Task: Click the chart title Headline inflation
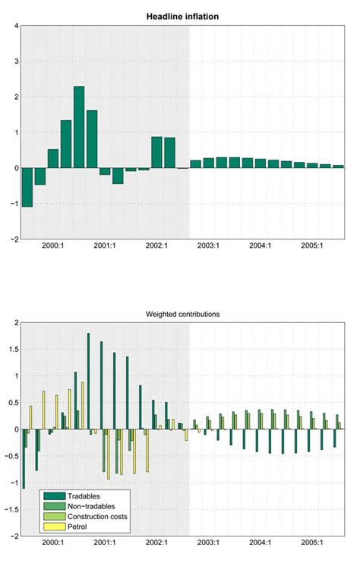coord(182,15)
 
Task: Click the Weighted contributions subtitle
coord(182,313)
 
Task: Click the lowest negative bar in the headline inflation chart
coord(27,187)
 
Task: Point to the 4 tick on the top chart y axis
coord(15,27)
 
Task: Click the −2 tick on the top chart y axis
coord(13,239)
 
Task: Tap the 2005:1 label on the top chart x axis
coord(311,245)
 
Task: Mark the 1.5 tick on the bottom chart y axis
coord(12,350)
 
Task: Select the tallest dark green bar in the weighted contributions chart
coord(88,381)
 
